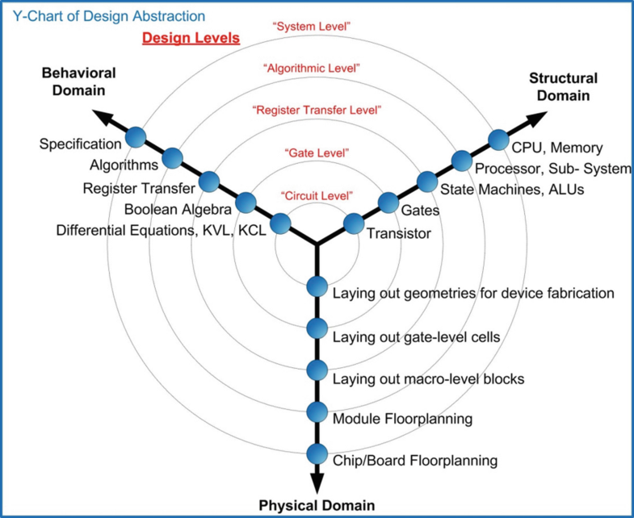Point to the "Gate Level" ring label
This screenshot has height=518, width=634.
pyautogui.click(x=316, y=152)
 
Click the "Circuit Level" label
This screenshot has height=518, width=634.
pyautogui.click(x=316, y=196)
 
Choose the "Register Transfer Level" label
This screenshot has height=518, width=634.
pyautogui.click(x=316, y=109)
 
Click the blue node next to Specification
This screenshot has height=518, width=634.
pyautogui.click(x=135, y=139)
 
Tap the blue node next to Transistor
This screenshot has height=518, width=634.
pyautogui.click(x=354, y=223)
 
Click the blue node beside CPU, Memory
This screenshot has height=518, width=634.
pyautogui.click(x=498, y=140)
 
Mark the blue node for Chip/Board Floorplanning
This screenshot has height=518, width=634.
pyautogui.click(x=317, y=453)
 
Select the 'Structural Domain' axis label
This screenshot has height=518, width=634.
pyautogui.click(x=563, y=86)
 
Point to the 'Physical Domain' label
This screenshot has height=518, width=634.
pyautogui.click(x=316, y=506)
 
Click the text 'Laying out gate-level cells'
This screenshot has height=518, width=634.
pyautogui.click(x=417, y=336)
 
